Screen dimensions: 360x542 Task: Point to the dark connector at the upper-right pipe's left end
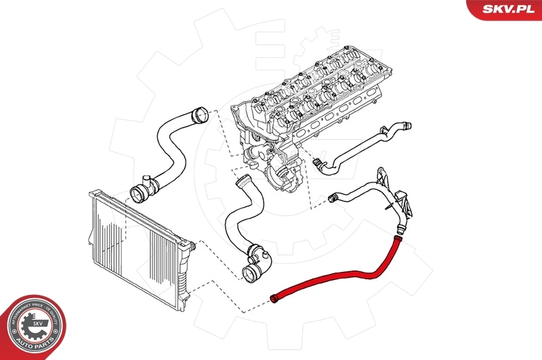point(316,162)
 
